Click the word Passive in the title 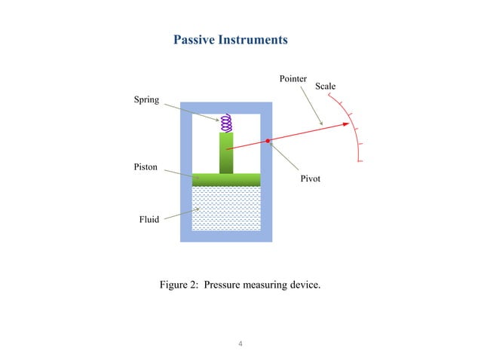pos(195,39)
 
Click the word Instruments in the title pos(253,39)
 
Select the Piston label pos(146,167)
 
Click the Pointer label pos(294,78)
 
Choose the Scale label pos(325,87)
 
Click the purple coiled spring pos(226,123)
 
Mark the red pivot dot pos(268,141)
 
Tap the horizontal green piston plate pos(226,179)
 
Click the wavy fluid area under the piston pos(226,208)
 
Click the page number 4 pos(240,344)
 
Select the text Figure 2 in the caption pos(179,285)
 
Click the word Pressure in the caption pos(224,285)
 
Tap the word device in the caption pos(304,285)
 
